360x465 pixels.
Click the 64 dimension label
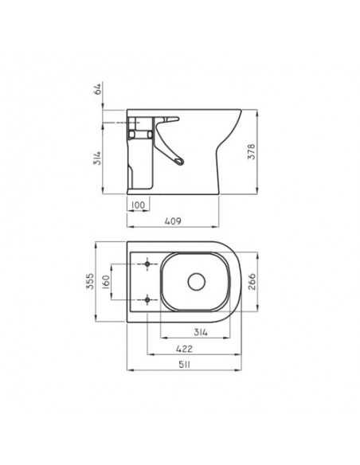(97, 88)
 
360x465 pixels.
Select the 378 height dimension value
(251, 151)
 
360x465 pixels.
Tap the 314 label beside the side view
(97, 158)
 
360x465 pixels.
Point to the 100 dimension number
(138, 205)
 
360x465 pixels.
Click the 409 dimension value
(173, 221)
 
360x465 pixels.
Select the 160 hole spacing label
(106, 282)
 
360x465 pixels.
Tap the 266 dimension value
(251, 282)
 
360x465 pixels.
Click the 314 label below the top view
(201, 332)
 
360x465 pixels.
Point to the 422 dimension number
(184, 349)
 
